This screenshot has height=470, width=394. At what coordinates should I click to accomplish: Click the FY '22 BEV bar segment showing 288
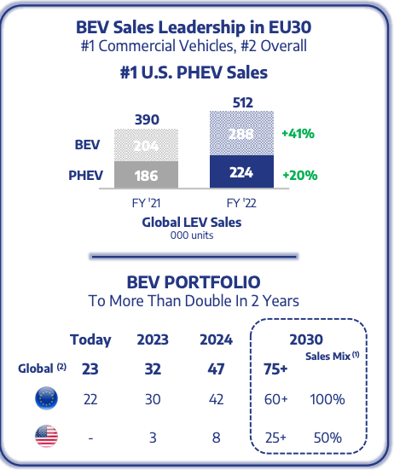click(241, 134)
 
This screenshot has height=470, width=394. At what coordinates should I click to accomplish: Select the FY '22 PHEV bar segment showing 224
click(241, 172)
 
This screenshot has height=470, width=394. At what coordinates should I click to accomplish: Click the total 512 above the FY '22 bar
click(241, 102)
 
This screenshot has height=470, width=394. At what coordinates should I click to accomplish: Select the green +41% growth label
click(298, 134)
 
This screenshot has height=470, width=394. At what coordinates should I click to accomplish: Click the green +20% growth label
click(298, 175)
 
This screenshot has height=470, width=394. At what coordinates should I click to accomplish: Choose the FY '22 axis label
click(241, 204)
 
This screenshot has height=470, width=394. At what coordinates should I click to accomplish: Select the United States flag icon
click(47, 438)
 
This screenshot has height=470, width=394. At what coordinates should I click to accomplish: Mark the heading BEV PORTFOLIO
click(195, 281)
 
